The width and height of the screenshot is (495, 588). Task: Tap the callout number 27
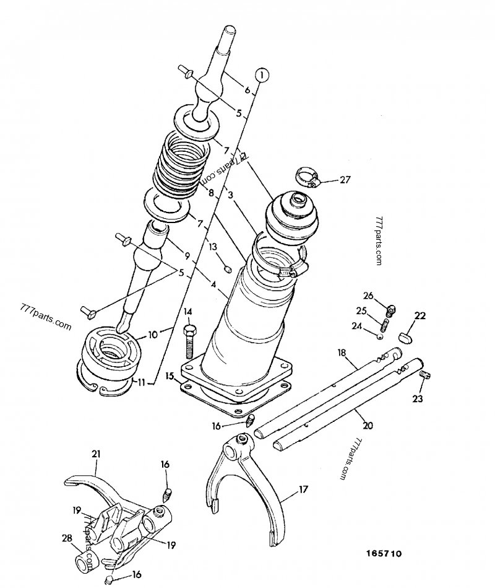click(345, 180)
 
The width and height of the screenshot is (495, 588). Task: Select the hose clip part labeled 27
click(308, 177)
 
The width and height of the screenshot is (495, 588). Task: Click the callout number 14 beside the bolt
click(188, 311)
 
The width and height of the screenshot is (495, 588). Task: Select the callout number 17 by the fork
click(303, 489)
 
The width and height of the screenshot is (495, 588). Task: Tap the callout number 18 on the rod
click(341, 352)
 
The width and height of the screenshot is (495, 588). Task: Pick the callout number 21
click(96, 455)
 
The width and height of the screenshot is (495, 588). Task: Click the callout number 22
click(420, 316)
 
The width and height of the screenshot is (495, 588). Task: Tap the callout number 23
click(418, 399)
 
